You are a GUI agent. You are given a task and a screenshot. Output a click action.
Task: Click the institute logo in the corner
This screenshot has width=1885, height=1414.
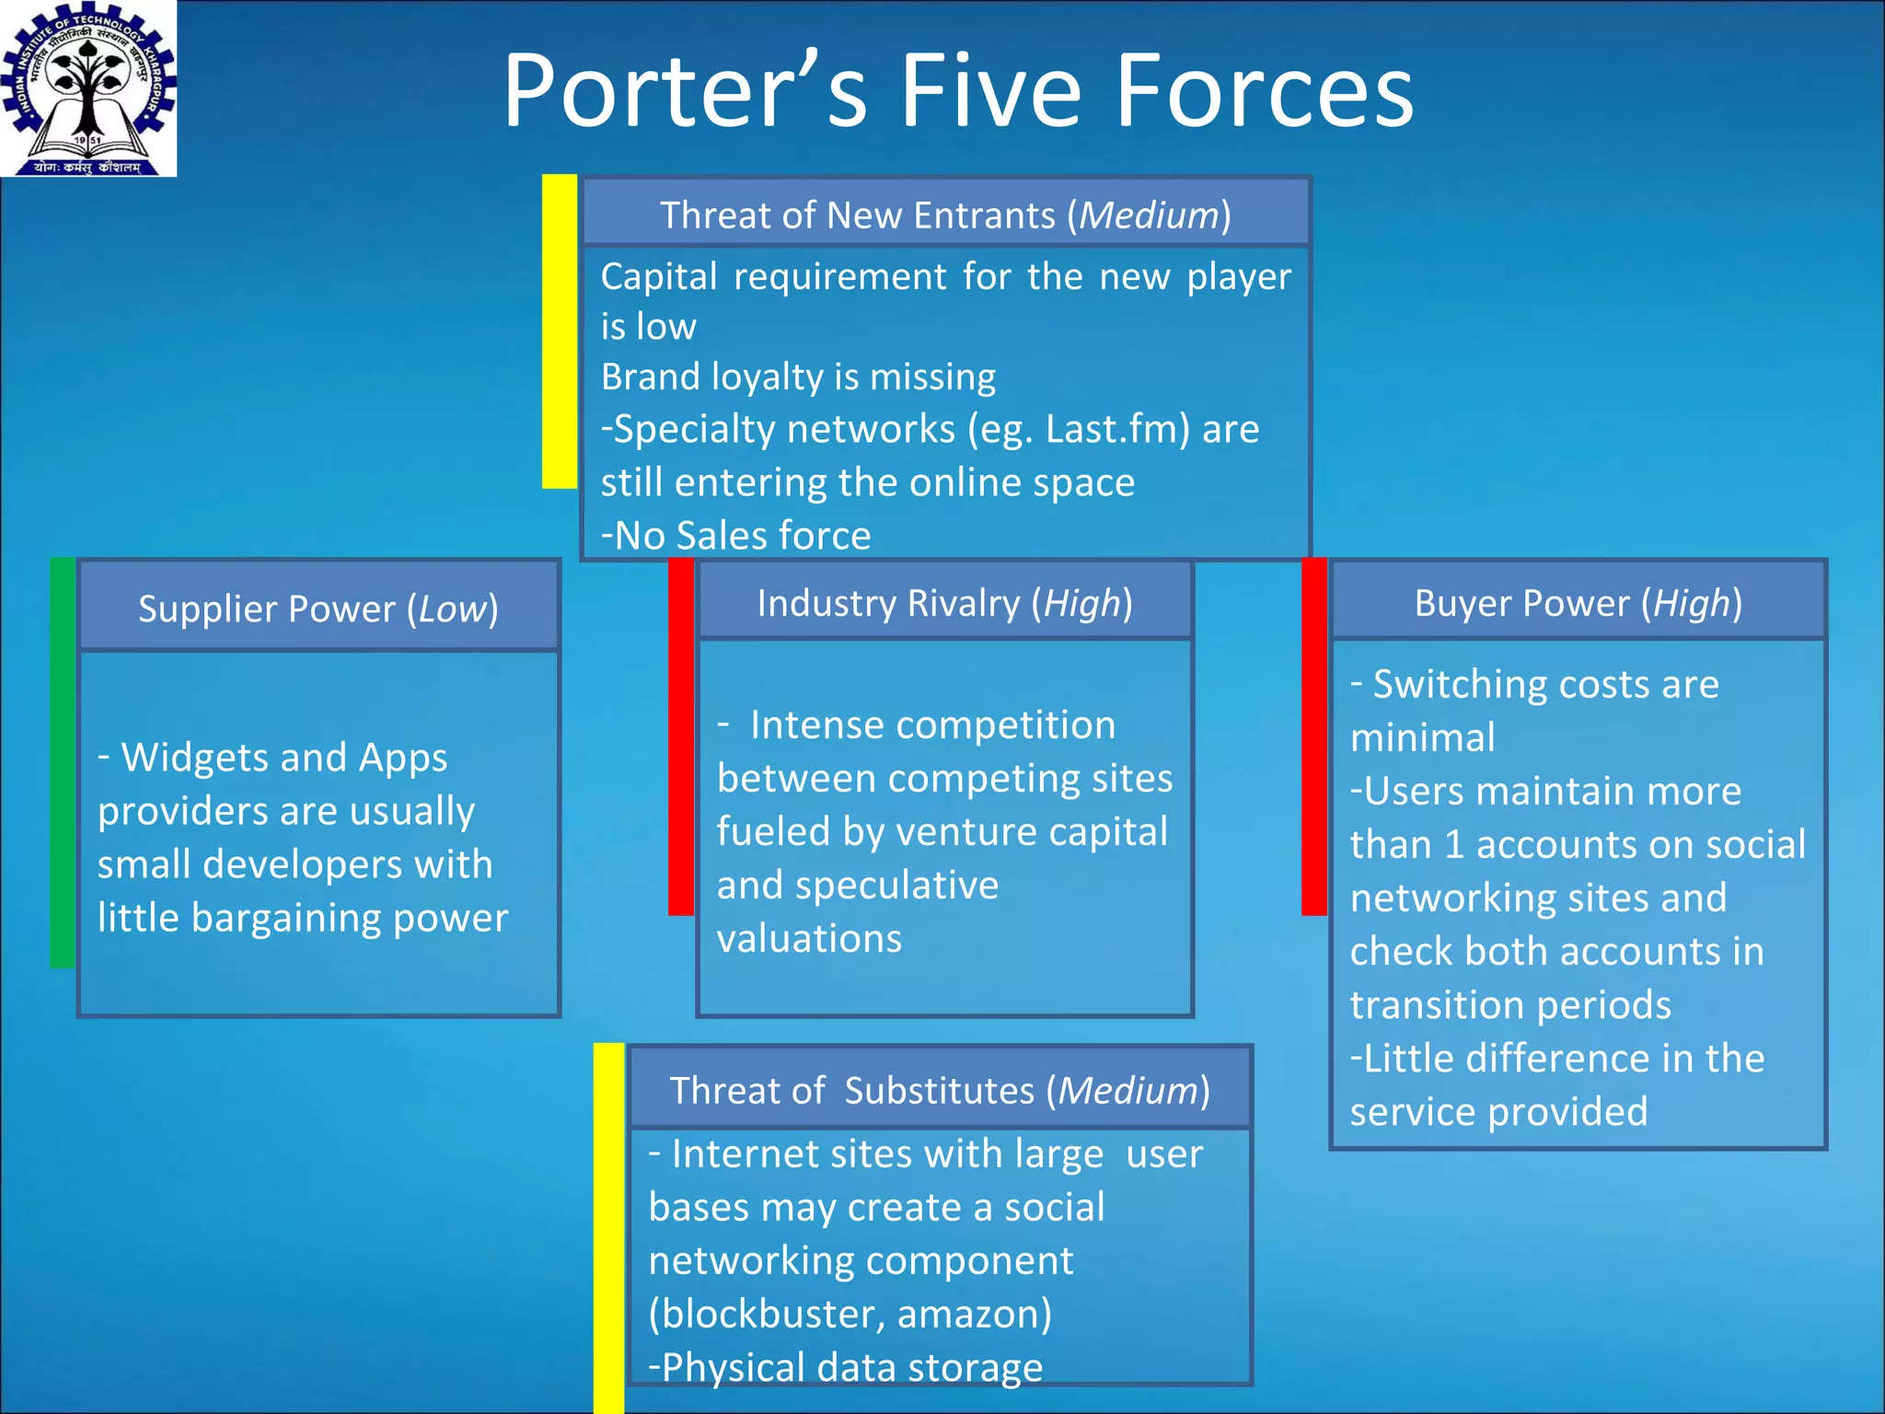(x=88, y=88)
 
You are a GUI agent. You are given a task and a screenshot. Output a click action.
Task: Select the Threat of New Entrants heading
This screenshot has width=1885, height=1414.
(x=945, y=214)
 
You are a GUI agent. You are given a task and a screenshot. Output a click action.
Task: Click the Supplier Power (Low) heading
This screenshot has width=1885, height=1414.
(x=318, y=608)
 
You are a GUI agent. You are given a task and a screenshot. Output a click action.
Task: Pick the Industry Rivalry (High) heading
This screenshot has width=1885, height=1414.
(x=944, y=603)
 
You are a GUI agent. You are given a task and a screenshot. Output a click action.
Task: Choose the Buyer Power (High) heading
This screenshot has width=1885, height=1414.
(x=1578, y=603)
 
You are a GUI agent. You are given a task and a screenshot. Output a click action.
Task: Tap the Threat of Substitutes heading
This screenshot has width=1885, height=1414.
(x=939, y=1090)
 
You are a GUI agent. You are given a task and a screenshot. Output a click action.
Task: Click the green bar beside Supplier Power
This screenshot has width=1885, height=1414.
(x=63, y=762)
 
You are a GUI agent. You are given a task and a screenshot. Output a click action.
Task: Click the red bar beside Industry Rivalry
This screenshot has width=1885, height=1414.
(x=681, y=736)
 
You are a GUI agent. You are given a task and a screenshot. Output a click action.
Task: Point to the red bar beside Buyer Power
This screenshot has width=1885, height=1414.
(x=1314, y=736)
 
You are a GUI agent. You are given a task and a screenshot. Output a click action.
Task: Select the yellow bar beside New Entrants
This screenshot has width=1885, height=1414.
(x=560, y=331)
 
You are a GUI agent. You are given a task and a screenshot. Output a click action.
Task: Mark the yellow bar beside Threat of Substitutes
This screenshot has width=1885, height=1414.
(x=608, y=1228)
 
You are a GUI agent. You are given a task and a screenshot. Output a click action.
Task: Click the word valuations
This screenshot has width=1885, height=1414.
(x=809, y=938)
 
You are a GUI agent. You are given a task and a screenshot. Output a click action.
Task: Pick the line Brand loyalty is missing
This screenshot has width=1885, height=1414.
(x=798, y=377)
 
